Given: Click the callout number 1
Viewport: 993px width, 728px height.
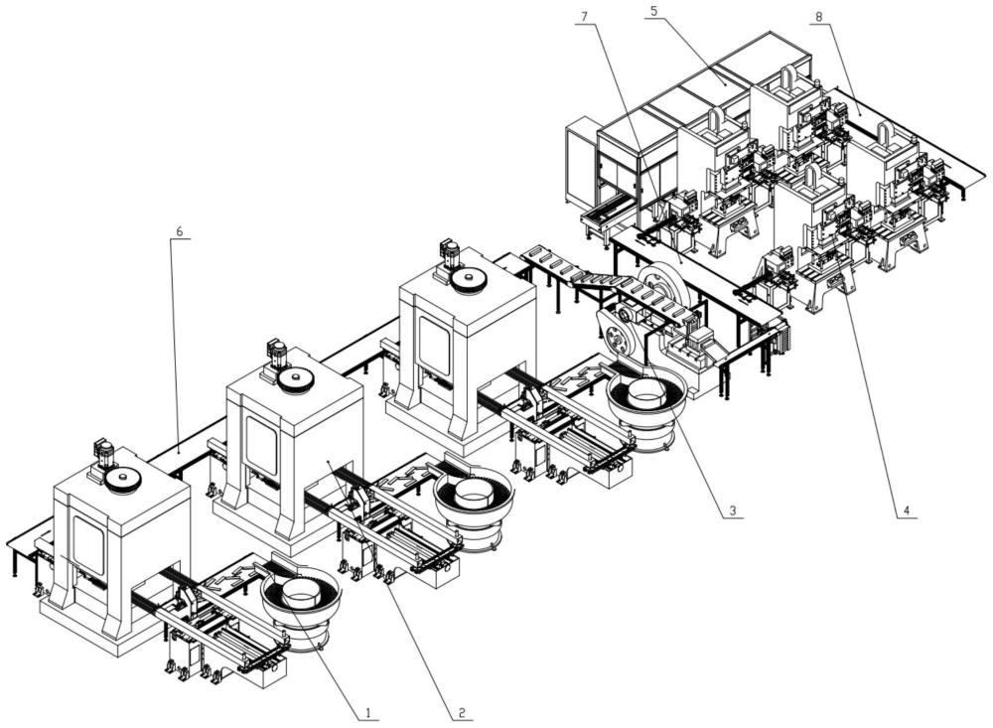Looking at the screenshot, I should [x=368, y=712].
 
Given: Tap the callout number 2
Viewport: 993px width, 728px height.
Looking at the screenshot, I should [x=463, y=712].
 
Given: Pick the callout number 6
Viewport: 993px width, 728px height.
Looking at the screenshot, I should [x=179, y=231].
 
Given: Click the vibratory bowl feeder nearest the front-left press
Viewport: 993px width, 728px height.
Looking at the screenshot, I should [x=300, y=599].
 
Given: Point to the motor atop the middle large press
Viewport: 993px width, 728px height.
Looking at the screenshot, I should [x=274, y=353].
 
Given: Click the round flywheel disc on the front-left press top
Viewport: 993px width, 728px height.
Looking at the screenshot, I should [x=121, y=481].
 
